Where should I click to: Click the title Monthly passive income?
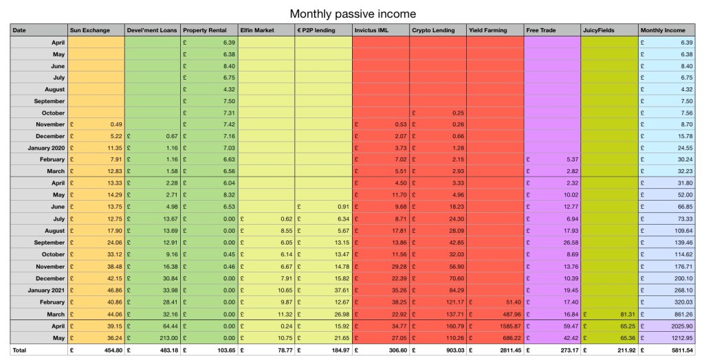click(352, 14)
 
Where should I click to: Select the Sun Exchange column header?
click(89, 31)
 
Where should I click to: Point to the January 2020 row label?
click(46, 147)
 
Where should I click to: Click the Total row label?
click(19, 350)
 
